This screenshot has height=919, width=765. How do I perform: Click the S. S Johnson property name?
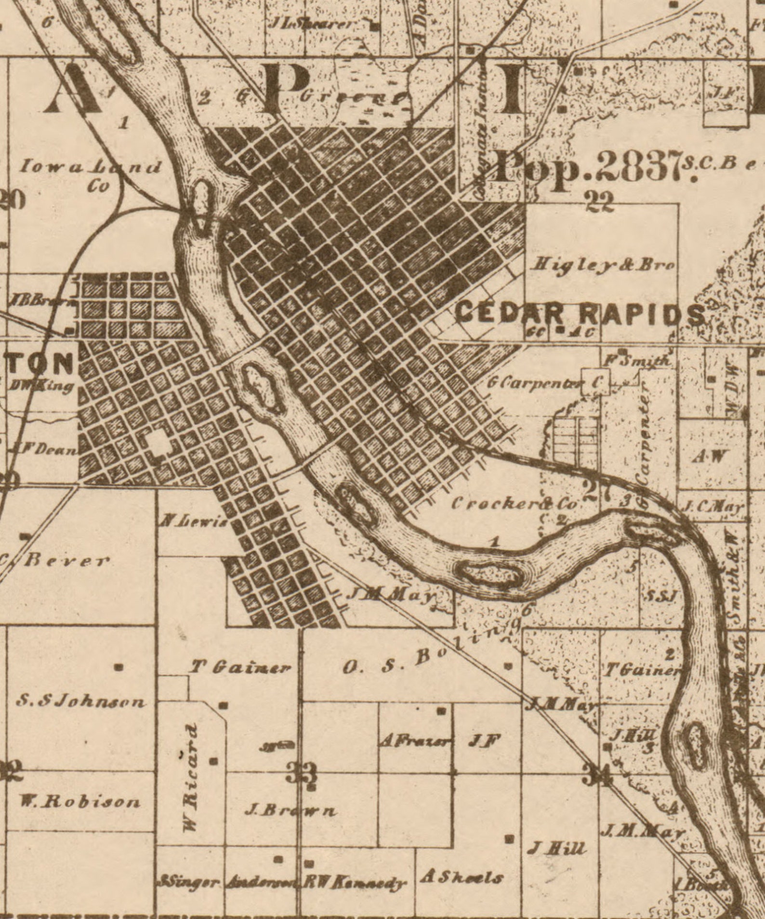point(81,701)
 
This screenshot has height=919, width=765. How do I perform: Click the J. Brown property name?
point(290,811)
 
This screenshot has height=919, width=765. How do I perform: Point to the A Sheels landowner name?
point(462,878)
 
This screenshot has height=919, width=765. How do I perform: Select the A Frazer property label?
point(416,741)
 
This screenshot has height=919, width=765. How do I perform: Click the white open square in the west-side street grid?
point(157,443)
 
